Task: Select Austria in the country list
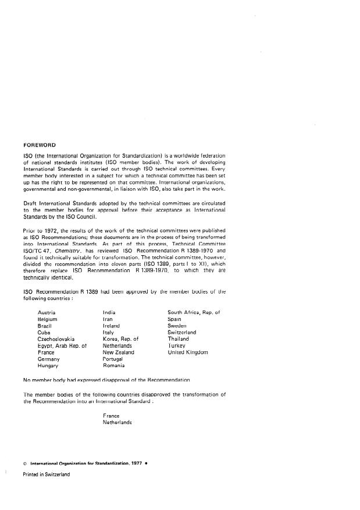47,313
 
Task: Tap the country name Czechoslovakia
56,339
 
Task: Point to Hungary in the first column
48,366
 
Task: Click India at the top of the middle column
109,313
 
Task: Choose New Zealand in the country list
119,352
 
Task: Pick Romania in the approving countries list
113,366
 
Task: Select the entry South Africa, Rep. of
194,313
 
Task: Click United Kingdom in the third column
188,352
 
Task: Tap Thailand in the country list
178,339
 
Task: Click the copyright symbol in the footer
25,464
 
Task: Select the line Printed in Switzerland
46,475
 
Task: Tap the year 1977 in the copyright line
135,464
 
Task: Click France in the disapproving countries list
111,416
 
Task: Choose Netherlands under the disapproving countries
117,423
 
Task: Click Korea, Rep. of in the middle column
120,339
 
